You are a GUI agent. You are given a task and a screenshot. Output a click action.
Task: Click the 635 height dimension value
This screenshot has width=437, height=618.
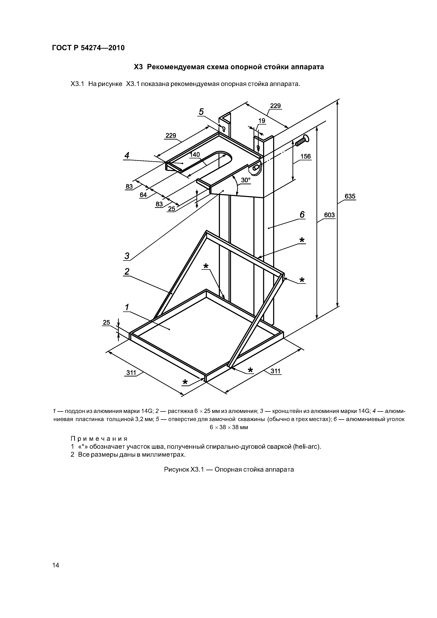click(x=350, y=196)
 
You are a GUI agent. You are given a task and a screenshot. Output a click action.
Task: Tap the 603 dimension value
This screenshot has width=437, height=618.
click(x=329, y=215)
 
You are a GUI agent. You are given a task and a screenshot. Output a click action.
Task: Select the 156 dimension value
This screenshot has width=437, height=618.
click(x=306, y=156)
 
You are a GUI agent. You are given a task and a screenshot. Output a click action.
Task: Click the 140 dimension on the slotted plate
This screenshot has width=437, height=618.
click(x=195, y=154)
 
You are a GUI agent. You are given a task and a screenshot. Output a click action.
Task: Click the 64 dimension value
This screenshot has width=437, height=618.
click(x=143, y=195)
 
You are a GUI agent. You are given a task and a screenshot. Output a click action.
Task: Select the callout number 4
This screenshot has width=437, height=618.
click(x=127, y=155)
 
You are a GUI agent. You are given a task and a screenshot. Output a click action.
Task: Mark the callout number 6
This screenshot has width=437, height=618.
click(x=302, y=215)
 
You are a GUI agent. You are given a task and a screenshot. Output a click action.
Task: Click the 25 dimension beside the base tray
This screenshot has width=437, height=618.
click(x=107, y=322)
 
